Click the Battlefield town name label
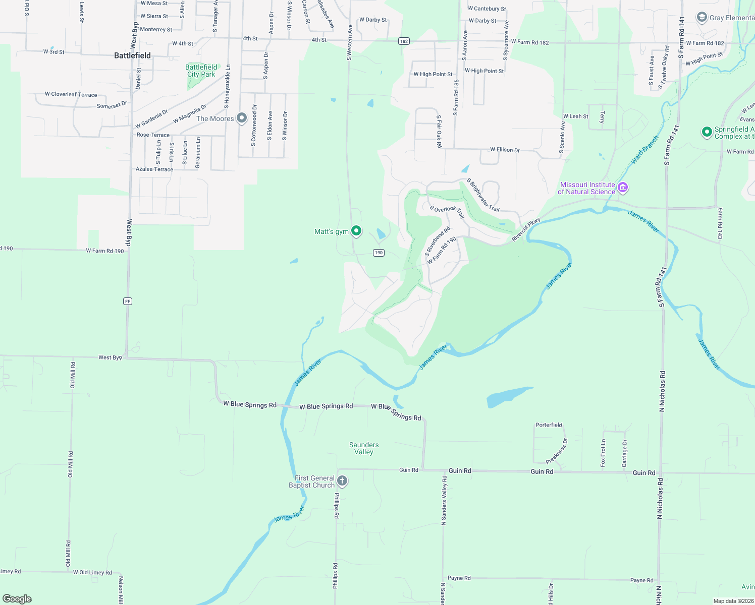click(x=132, y=55)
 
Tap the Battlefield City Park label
click(x=201, y=71)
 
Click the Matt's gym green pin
click(x=356, y=231)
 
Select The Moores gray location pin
click(x=242, y=118)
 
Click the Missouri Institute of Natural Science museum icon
click(x=623, y=188)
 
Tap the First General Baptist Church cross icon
click(x=342, y=480)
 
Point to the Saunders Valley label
click(x=363, y=448)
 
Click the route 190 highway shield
click(x=379, y=253)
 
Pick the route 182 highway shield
click(x=404, y=41)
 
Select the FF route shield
click(x=127, y=301)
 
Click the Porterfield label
click(x=549, y=425)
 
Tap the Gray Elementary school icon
click(x=702, y=18)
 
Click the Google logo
click(x=17, y=599)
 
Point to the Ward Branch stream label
click(x=644, y=150)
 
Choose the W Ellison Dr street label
click(x=505, y=150)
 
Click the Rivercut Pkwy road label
click(x=526, y=230)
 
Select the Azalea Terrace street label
click(x=154, y=169)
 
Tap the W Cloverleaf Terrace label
click(x=71, y=94)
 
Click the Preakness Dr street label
click(x=556, y=451)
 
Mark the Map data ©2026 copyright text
click(x=733, y=601)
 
